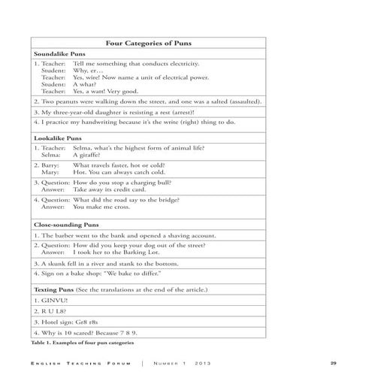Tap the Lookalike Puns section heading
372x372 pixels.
point(58,139)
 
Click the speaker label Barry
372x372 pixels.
point(49,165)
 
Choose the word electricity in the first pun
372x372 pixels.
point(181,65)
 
